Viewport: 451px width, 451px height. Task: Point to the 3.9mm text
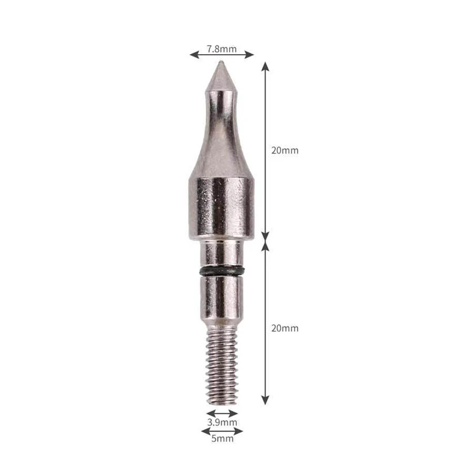(222, 422)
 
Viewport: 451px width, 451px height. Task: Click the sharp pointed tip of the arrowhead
(221, 63)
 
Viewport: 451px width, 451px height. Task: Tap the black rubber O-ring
(222, 272)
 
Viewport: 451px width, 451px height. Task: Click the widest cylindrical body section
(220, 209)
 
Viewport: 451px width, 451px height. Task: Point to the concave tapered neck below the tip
(220, 135)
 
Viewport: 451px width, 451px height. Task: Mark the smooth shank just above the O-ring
(222, 254)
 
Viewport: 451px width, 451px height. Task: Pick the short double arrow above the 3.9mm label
(222, 413)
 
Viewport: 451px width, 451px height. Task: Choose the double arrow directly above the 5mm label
(222, 431)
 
